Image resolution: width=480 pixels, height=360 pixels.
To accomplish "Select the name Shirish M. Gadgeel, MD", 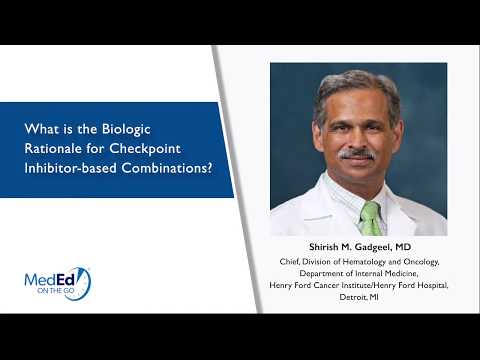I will (x=357, y=246).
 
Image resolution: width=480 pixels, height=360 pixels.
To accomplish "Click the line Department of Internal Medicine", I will (x=357, y=272).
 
